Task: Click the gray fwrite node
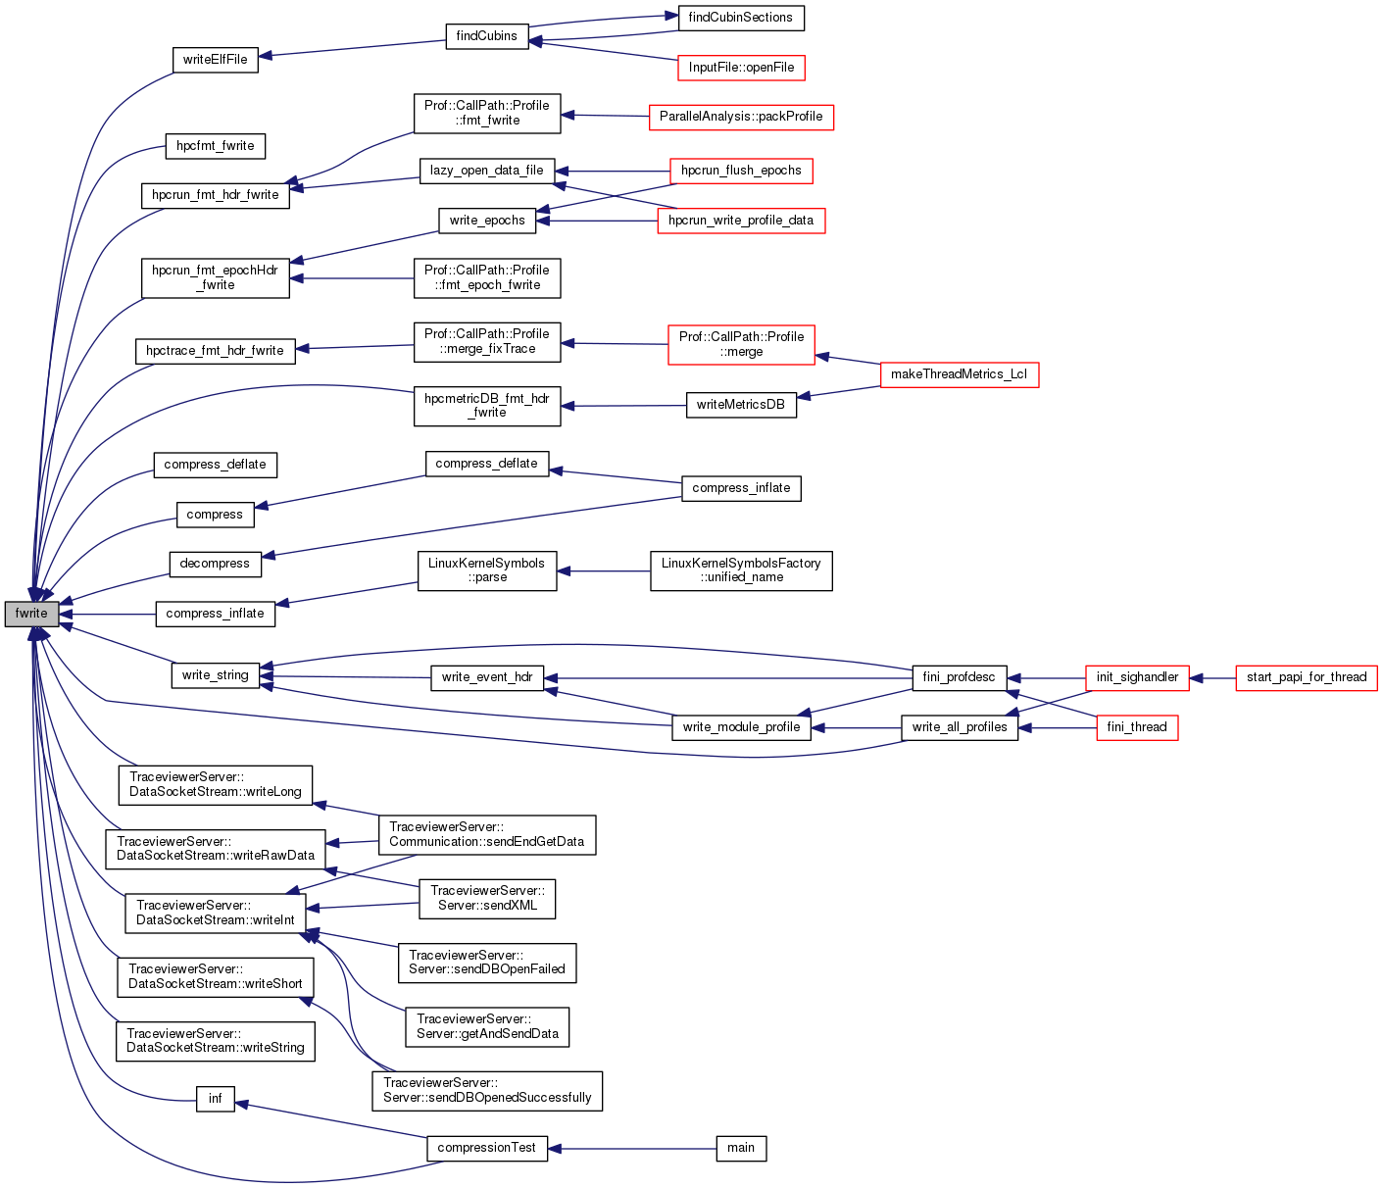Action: (31, 614)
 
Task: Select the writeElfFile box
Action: (215, 59)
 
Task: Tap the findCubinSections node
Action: (741, 18)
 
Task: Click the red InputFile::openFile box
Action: (741, 68)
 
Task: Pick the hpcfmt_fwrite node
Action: (215, 146)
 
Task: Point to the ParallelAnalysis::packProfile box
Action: (741, 117)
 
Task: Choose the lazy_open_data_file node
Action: (487, 171)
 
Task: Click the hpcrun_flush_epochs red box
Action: (741, 171)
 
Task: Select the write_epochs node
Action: (487, 221)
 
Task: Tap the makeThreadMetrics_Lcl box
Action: (959, 374)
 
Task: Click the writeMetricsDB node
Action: (741, 405)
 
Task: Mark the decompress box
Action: (215, 564)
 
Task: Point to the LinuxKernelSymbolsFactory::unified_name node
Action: (741, 570)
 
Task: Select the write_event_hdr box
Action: (487, 677)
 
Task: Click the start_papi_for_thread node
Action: (1306, 677)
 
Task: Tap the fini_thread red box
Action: (1137, 727)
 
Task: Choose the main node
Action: (741, 1148)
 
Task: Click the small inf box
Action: (215, 1099)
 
